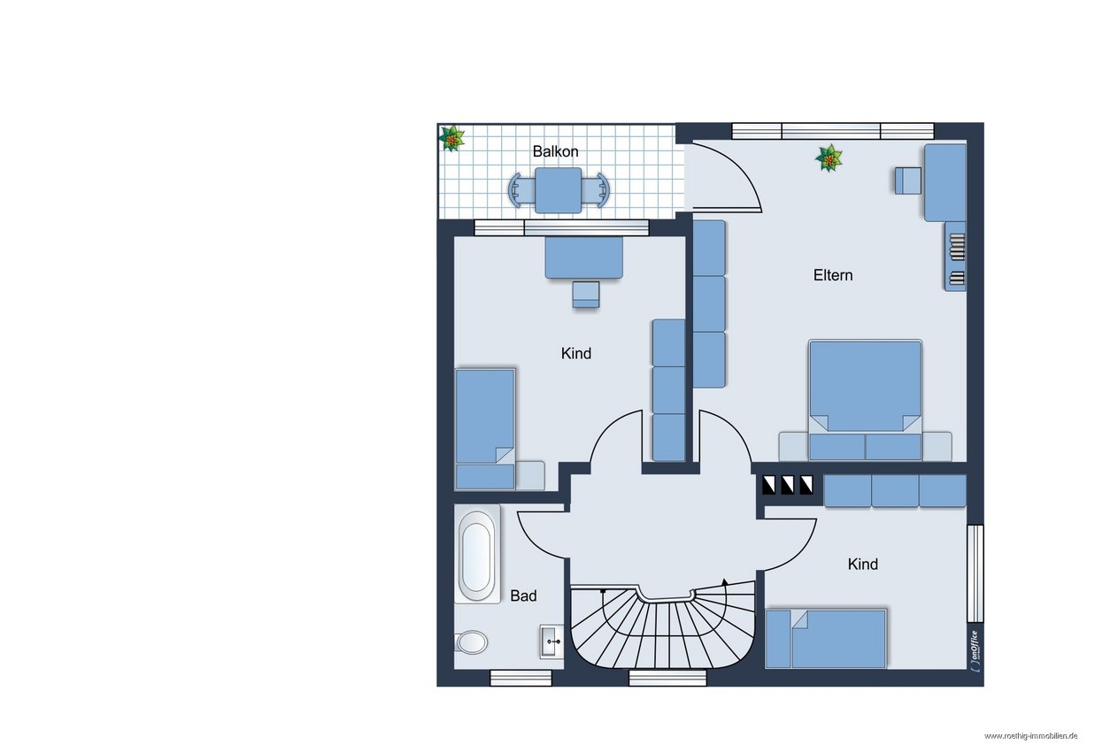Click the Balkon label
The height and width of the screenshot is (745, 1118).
point(555,151)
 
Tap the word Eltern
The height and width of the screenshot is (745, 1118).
point(832,275)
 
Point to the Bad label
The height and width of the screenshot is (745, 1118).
point(523,595)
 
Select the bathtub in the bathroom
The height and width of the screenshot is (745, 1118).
point(476,553)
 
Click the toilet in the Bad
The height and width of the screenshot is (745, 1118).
point(471,642)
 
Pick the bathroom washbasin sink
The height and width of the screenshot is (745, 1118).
point(551,641)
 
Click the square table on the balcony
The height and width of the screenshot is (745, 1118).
point(558,190)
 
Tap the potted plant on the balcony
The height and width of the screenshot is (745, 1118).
point(451,138)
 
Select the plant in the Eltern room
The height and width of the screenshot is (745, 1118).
point(829,158)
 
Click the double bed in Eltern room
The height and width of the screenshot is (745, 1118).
point(865,400)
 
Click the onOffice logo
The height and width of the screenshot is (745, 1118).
point(975,651)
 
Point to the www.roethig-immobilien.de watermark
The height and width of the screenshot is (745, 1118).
point(1030,736)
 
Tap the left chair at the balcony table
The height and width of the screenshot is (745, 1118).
point(520,190)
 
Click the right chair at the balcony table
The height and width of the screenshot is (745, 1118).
point(596,190)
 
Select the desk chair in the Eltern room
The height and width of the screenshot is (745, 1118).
point(908,180)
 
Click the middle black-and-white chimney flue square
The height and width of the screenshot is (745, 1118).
point(788,485)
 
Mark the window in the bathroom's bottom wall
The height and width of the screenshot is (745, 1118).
point(520,678)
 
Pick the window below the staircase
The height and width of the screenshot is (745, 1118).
point(667,678)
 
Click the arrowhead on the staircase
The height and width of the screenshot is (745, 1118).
point(725,582)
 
